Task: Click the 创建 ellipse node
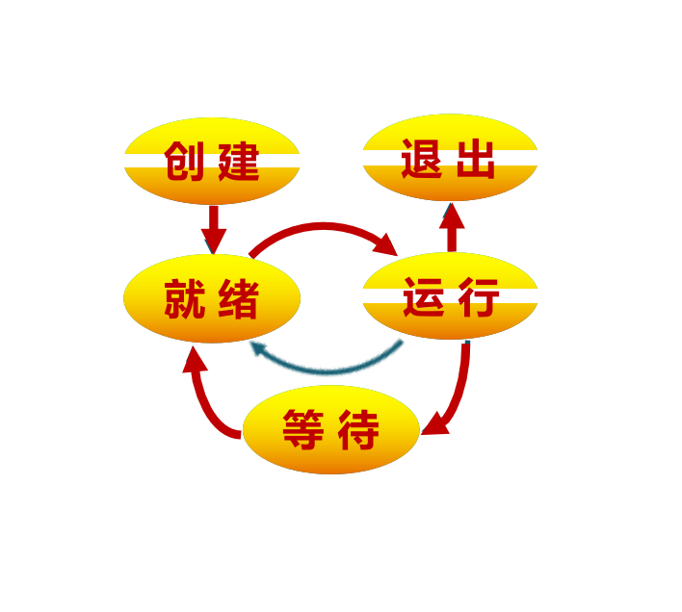(x=212, y=161)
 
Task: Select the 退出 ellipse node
(x=450, y=158)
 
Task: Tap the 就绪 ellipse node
(x=212, y=298)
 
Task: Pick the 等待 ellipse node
(x=330, y=429)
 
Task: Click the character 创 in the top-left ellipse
(x=184, y=161)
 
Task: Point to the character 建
(x=239, y=161)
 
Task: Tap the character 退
(x=422, y=159)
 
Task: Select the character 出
(x=477, y=159)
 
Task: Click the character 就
(x=184, y=299)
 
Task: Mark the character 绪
(x=239, y=299)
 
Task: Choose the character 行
(x=478, y=296)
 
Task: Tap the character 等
(x=302, y=429)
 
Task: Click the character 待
(x=358, y=429)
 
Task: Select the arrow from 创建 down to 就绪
(x=213, y=228)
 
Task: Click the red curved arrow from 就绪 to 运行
(x=323, y=228)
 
